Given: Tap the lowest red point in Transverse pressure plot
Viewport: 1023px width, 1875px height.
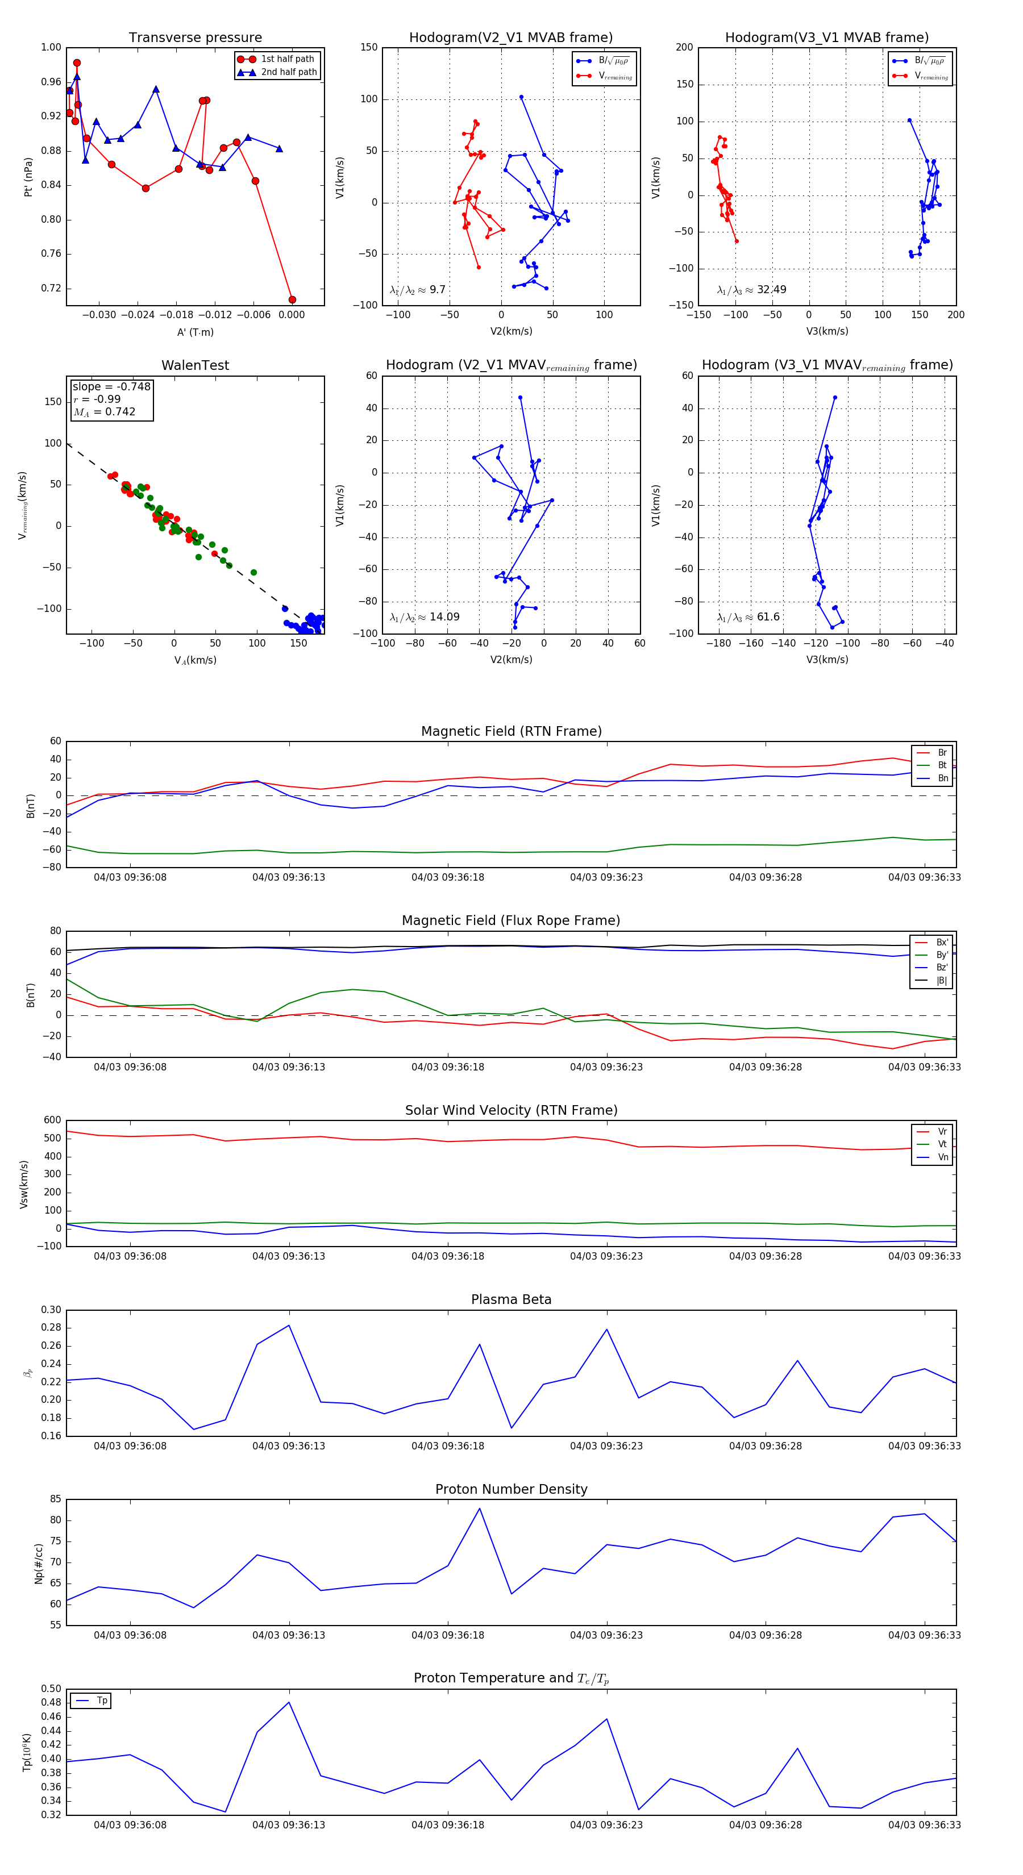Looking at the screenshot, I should point(292,300).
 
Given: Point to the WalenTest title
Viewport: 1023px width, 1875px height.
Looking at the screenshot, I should point(195,365).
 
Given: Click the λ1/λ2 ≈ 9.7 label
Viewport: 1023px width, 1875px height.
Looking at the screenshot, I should point(417,290).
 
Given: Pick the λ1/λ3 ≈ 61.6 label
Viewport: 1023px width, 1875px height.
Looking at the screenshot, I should point(748,617).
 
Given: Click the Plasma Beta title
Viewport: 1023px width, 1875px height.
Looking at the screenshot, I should point(511,1300).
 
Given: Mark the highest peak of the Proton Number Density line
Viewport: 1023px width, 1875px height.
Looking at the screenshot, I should point(480,1508).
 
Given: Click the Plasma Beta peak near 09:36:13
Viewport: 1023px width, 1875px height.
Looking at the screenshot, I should point(289,1326).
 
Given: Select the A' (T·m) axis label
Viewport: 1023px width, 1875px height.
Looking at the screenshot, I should point(195,332).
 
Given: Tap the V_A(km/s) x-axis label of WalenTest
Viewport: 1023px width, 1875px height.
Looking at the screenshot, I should point(195,660).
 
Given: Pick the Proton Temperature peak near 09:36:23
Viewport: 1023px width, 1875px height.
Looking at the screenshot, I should point(606,1719).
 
